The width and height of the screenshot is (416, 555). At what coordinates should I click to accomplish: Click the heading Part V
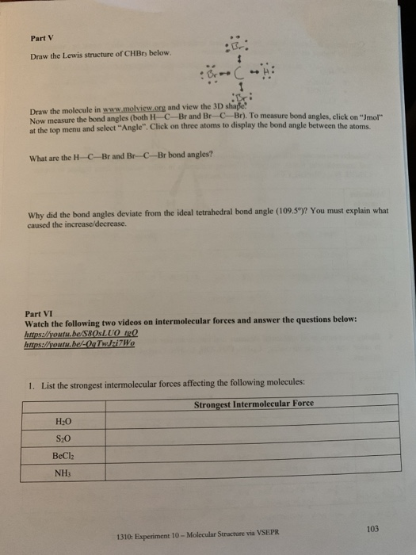(x=40, y=37)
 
